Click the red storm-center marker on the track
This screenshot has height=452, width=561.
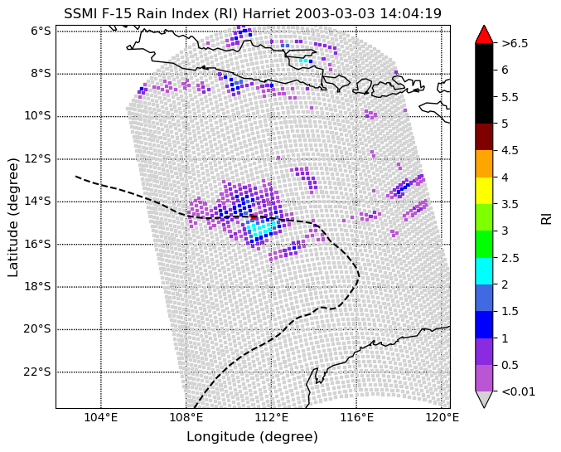pyautogui.click(x=254, y=216)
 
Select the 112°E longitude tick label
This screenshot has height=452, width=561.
pyautogui.click(x=272, y=417)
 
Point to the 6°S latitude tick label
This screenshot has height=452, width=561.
pyautogui.click(x=41, y=32)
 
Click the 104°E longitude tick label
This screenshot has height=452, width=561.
pyautogui.click(x=101, y=417)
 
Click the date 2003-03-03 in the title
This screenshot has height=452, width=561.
pyautogui.click(x=335, y=13)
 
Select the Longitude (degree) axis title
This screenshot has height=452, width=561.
pyautogui.click(x=252, y=437)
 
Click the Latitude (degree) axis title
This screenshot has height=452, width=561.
pyautogui.click(x=12, y=217)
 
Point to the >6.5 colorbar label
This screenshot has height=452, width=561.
pyautogui.click(x=515, y=43)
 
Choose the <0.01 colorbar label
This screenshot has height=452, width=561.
pyautogui.click(x=519, y=391)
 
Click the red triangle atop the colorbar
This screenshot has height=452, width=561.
pyautogui.click(x=484, y=35)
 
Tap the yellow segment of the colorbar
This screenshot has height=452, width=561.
pyautogui.click(x=484, y=191)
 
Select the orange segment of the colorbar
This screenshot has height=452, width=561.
pyautogui.click(x=484, y=163)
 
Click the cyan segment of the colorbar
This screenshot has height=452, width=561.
pyautogui.click(x=484, y=271)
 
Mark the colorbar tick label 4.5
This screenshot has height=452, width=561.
pyautogui.click(x=510, y=150)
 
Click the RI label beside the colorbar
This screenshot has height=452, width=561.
pyautogui.click(x=546, y=217)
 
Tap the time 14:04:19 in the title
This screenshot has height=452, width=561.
pyautogui.click(x=410, y=13)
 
